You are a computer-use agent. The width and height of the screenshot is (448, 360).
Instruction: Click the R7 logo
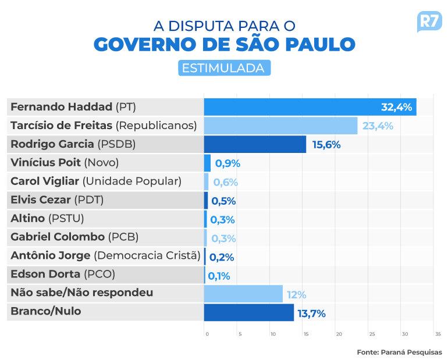tap(429, 22)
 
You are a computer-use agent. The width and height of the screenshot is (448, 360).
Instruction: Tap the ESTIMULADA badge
tap(224, 68)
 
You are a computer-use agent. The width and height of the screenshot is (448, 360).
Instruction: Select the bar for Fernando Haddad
tap(310, 107)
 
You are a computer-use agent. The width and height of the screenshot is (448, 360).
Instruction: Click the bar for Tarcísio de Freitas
tap(280, 126)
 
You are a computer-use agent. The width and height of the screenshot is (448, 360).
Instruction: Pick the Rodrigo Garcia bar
tap(255, 144)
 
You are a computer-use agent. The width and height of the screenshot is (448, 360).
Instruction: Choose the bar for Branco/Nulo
tap(249, 312)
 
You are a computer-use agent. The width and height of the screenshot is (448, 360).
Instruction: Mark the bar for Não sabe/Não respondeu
tap(243, 294)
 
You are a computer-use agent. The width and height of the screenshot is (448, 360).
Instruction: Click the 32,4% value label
tap(397, 107)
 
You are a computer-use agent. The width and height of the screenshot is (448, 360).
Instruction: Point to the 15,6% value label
tap(326, 145)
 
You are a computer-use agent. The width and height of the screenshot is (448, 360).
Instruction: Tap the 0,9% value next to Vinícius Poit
tap(227, 163)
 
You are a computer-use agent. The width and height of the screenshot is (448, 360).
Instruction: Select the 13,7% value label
tap(311, 313)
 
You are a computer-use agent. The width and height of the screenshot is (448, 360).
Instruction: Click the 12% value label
tap(296, 295)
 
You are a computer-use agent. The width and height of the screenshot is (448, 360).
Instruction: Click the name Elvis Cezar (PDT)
tap(57, 200)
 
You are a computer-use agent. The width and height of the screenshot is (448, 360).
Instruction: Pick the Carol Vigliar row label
tap(96, 181)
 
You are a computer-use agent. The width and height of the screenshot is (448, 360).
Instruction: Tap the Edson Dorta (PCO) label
tap(63, 274)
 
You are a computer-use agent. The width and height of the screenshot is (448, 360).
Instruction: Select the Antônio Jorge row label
tap(105, 255)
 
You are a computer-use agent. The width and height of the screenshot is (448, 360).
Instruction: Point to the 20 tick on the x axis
tap(339, 334)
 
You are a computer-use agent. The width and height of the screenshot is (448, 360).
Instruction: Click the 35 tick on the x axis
tap(438, 334)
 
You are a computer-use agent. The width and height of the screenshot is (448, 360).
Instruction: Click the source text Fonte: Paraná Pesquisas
tap(400, 352)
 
